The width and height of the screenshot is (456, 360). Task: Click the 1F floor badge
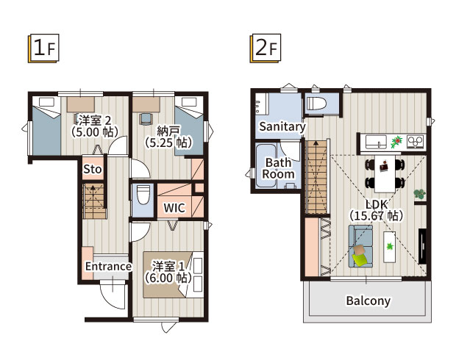(43, 48)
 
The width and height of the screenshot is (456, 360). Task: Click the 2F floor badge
(266, 48)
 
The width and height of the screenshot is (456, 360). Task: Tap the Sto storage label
(93, 169)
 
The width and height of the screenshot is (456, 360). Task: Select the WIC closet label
(174, 208)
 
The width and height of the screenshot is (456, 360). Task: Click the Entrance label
(108, 266)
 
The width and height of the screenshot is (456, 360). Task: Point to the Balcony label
(368, 300)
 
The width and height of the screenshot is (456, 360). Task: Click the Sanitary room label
(282, 126)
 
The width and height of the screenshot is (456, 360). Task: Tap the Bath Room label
(278, 168)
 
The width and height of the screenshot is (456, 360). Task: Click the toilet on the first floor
(143, 195)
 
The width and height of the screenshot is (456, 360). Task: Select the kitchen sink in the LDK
(376, 142)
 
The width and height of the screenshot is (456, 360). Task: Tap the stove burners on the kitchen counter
(416, 142)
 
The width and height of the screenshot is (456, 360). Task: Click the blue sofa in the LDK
(360, 246)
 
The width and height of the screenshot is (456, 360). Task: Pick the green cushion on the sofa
(360, 259)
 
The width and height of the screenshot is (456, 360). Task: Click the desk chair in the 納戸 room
(146, 119)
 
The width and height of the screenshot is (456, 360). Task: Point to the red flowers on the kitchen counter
(396, 142)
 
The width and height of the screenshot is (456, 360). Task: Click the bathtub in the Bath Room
(266, 165)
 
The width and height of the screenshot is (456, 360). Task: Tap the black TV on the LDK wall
(422, 246)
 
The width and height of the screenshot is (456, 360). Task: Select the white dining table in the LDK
(385, 173)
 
